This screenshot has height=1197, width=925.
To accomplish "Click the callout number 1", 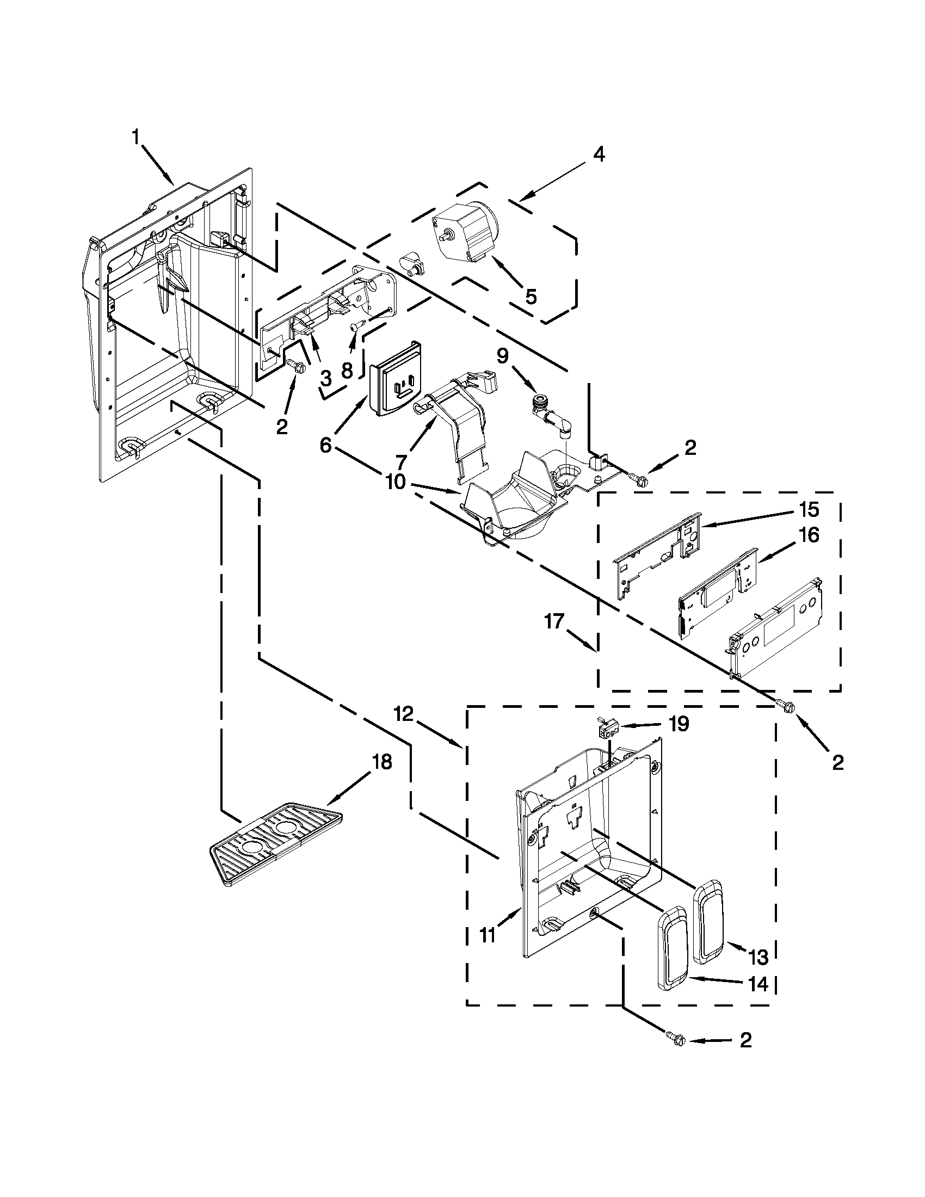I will coord(135,137).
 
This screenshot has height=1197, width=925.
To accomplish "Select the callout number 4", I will coord(599,155).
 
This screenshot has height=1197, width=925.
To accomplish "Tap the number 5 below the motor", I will coord(531,297).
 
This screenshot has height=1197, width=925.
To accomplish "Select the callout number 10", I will coord(395,482).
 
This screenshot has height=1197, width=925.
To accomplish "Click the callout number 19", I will coord(679,724).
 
